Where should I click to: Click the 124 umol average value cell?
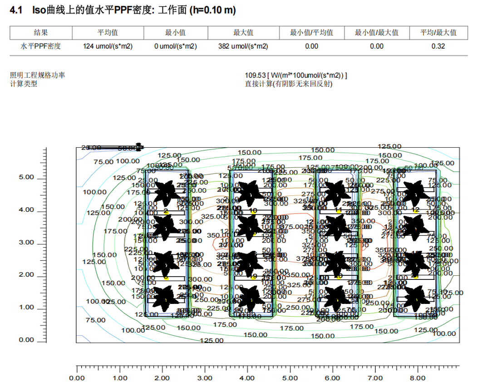point(108,46)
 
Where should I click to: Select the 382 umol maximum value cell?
point(243,46)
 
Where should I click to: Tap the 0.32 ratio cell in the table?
point(438,46)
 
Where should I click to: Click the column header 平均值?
point(108,33)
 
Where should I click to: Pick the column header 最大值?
point(243,33)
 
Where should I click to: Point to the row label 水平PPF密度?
point(41,46)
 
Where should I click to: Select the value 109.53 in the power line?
point(254,75)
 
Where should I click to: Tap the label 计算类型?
point(24,84)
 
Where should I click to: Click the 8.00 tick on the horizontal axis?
point(418,378)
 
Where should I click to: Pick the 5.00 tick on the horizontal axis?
point(290,378)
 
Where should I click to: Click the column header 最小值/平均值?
point(312,33)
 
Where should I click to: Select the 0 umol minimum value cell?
point(176,46)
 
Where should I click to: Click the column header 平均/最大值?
point(438,33)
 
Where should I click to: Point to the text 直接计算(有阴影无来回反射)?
point(289,84)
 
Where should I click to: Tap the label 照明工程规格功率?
point(38,75)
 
